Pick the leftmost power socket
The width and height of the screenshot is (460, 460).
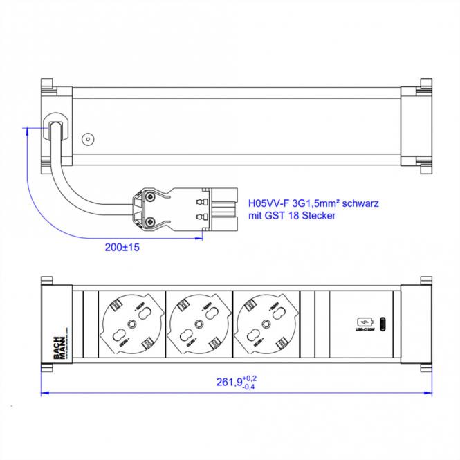(x=132, y=324)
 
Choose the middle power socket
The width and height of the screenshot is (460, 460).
(x=199, y=324)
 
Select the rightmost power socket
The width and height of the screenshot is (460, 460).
(x=266, y=324)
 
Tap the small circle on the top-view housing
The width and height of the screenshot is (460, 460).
(x=87, y=138)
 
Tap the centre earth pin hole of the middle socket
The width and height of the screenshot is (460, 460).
(x=199, y=324)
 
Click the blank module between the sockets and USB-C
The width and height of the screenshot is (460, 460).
(x=315, y=324)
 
